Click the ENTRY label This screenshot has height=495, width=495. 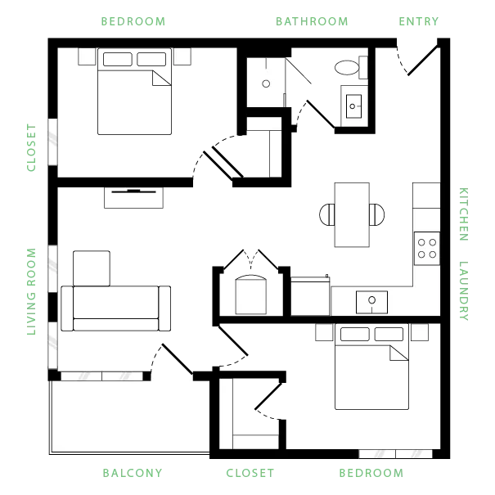point(419,21)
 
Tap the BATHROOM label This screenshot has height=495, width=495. point(312,21)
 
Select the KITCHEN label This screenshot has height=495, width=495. point(463,214)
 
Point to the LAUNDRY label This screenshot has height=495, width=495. point(463,290)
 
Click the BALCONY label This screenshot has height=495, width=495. point(133,473)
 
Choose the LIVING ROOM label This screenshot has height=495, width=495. point(31,291)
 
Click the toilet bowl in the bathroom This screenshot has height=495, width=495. point(347,68)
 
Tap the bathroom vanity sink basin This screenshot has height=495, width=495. point(353,106)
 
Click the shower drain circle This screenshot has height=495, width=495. point(266,83)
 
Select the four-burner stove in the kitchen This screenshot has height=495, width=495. point(427,249)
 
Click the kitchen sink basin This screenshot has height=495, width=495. point(372,302)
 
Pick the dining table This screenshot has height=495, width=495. point(352,214)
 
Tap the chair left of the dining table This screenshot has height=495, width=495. point(326,214)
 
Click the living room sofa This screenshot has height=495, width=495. point(116,308)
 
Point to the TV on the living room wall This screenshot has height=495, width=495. point(133,191)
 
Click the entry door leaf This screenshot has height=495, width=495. point(423,61)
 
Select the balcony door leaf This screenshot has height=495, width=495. point(177,359)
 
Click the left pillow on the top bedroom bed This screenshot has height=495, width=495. point(118,60)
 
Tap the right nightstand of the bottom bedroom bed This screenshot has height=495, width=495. point(420,332)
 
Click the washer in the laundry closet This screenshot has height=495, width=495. point(251,295)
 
